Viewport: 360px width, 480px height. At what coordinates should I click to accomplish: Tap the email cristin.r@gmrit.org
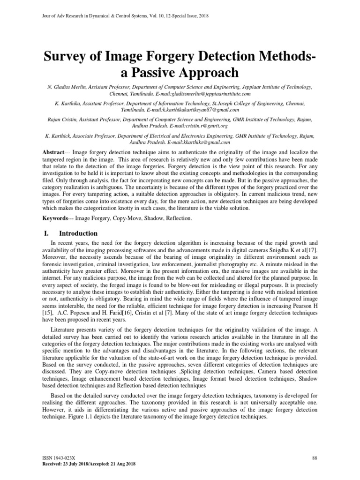[205, 126]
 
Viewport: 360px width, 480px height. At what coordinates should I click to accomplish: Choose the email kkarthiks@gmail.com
[207, 142]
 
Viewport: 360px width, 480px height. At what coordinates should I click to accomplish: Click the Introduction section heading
[78, 233]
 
